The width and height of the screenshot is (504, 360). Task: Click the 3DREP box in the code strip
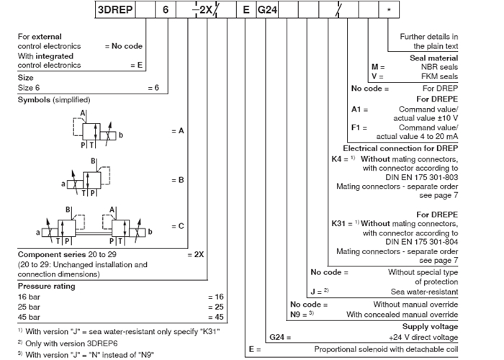coord(115,9)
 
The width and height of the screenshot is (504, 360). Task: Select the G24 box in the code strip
coord(267,9)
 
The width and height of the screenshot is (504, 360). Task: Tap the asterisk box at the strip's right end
coord(389,9)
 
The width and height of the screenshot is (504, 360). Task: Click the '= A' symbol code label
coord(178,131)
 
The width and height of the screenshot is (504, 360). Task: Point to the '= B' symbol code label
coord(178,180)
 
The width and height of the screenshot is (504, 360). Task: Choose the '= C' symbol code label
coord(178,226)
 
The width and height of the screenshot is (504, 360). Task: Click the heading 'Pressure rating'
coord(47,286)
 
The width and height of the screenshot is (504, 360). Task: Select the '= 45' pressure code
coord(216,317)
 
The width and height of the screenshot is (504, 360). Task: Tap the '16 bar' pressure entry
coord(29,297)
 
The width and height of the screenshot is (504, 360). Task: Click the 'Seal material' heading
coord(434,58)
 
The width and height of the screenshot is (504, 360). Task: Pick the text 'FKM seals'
coord(439,76)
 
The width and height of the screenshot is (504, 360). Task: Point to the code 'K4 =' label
coord(340,159)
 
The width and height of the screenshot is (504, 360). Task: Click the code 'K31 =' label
coord(342,223)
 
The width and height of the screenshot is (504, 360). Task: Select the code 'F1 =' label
coord(359,127)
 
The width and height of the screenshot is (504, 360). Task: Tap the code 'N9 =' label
coord(298,315)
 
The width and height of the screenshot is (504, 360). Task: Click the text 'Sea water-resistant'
coord(424,292)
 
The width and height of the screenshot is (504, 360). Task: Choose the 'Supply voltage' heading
coord(430,327)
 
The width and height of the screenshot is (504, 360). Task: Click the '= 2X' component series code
coord(195,255)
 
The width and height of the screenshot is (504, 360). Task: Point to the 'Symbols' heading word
coord(34,99)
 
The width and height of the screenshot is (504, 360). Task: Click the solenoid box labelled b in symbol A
coord(108,135)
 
